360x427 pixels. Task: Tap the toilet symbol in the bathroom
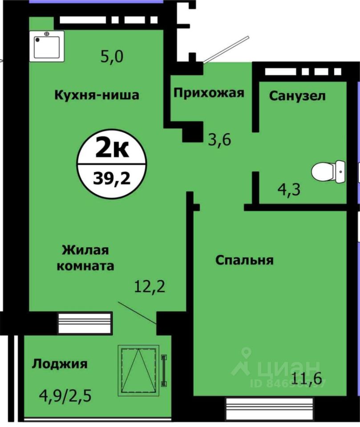(334, 171)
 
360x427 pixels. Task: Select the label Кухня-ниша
(97, 95)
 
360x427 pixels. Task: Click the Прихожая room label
(209, 93)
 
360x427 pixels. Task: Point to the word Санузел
(297, 96)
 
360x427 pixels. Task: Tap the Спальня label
(244, 260)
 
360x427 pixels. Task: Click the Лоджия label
(60, 364)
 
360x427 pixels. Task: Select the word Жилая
(85, 250)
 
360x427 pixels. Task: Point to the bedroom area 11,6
(306, 379)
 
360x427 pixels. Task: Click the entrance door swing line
(225, 49)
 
